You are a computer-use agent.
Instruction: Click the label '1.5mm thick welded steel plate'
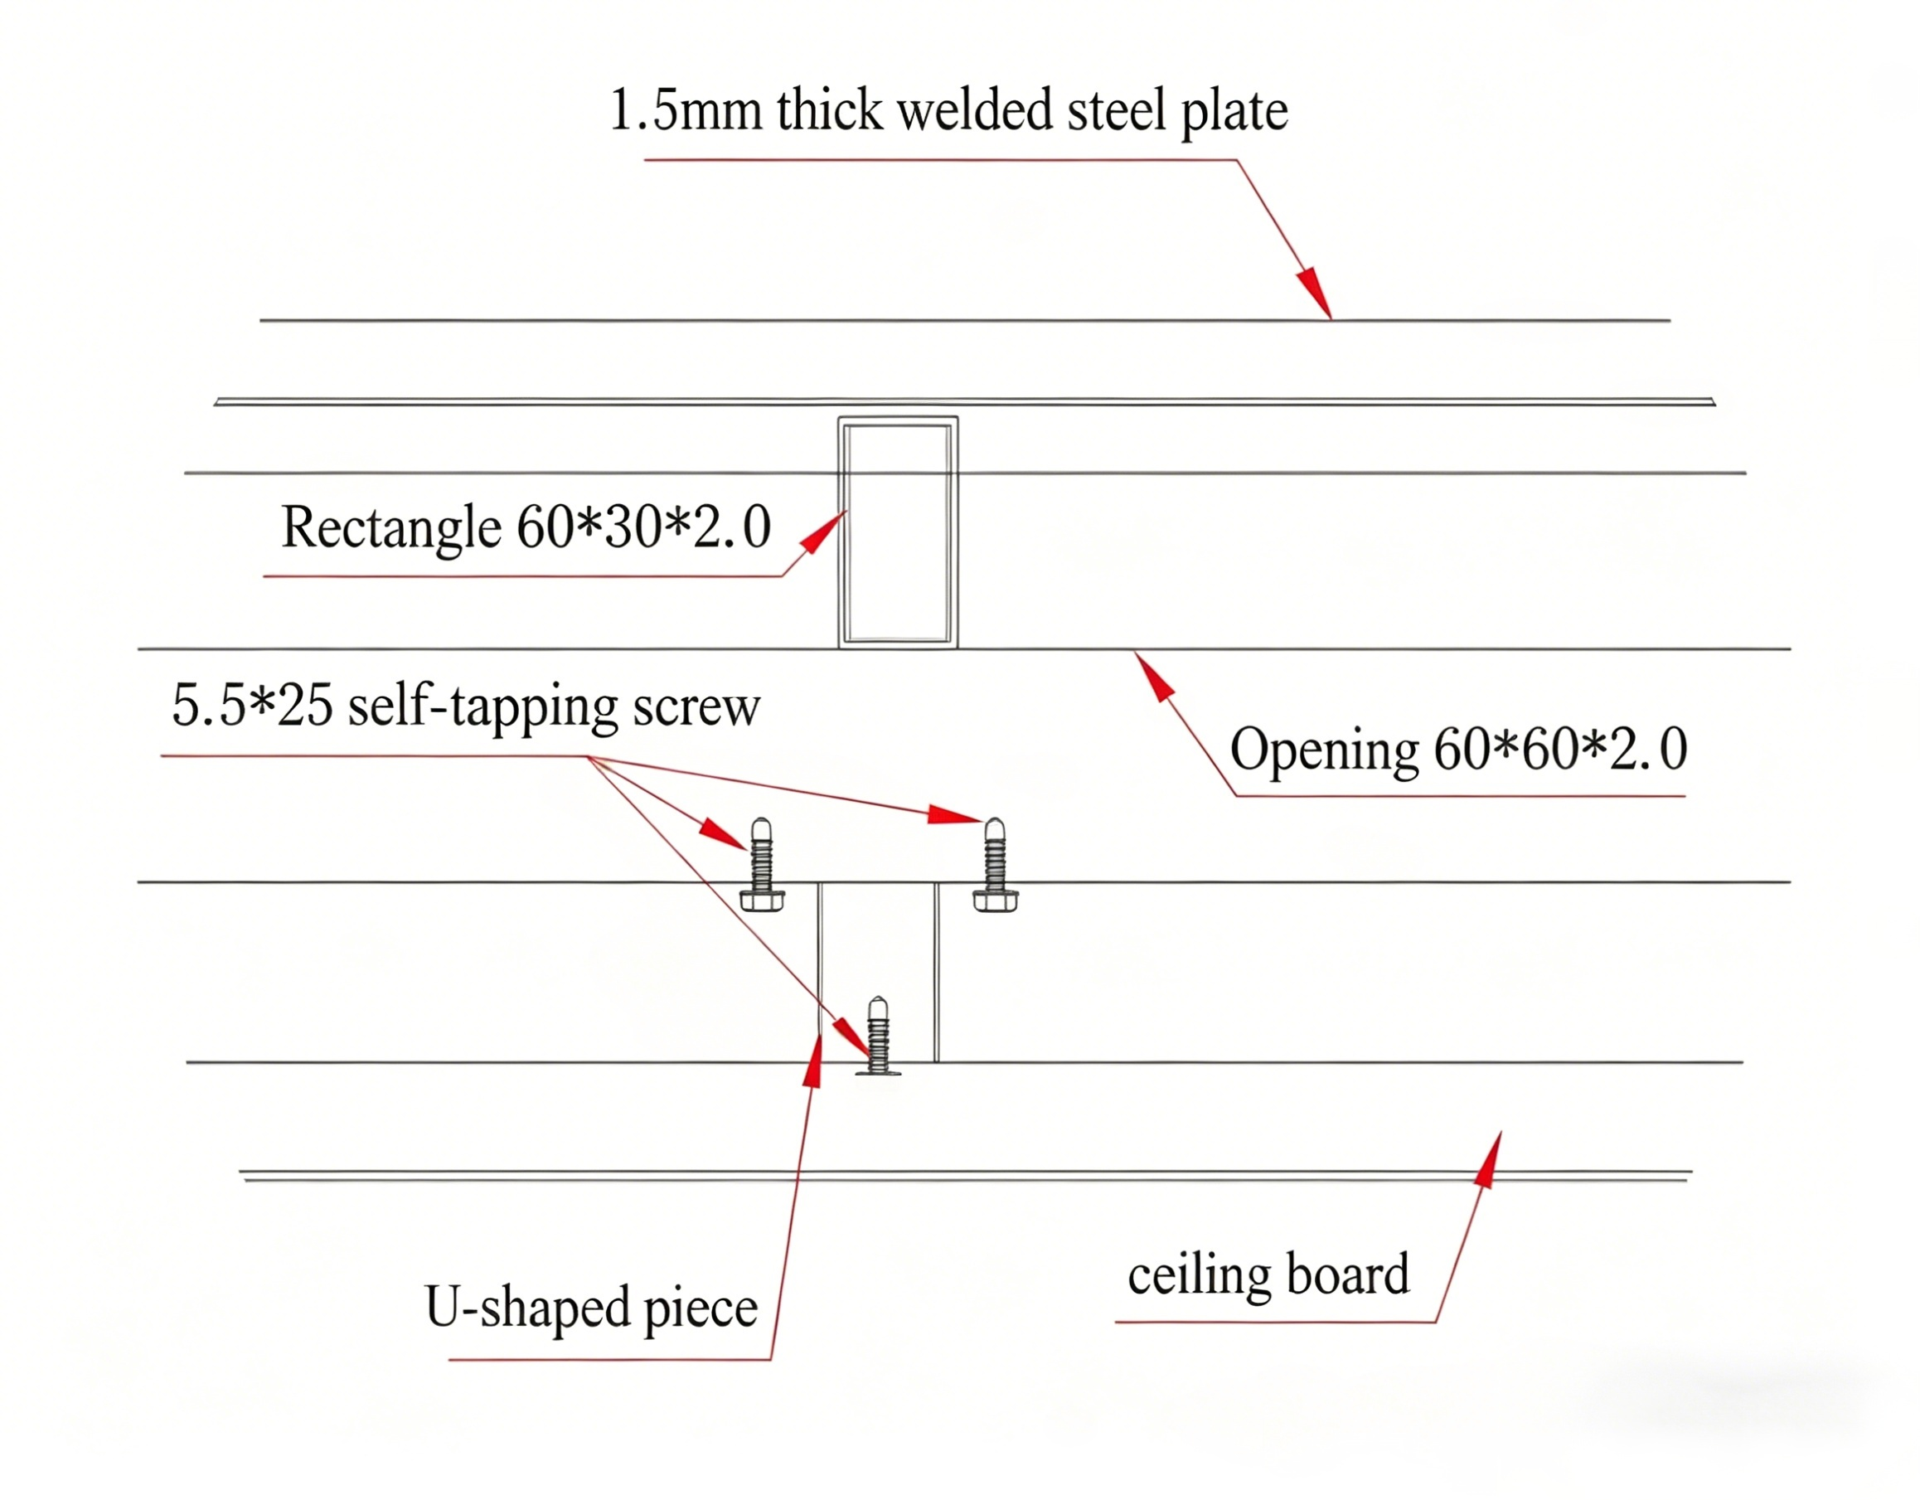click(x=948, y=112)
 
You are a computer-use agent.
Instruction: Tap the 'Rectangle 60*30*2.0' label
click(x=526, y=527)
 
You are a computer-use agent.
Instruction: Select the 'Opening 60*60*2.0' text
click(x=1458, y=749)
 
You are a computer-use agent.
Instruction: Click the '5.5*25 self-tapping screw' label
click(x=466, y=706)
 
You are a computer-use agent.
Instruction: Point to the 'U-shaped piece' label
click(x=591, y=1308)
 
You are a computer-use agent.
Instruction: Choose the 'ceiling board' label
click(x=1268, y=1275)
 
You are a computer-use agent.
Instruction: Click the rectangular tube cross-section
click(x=898, y=533)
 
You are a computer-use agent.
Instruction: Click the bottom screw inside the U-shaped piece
click(x=877, y=1036)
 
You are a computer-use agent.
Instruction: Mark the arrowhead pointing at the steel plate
click(x=1314, y=291)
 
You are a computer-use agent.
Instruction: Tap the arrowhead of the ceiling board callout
click(x=1488, y=1161)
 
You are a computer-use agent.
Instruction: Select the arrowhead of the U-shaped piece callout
click(x=815, y=1062)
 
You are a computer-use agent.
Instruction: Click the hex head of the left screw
click(x=761, y=901)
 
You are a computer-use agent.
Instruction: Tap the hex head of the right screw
click(x=995, y=901)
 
